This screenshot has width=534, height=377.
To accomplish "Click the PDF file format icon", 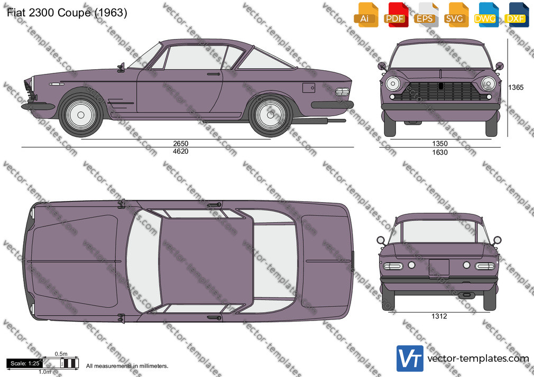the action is click(395, 14).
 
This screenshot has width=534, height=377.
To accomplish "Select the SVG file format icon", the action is click(455, 14).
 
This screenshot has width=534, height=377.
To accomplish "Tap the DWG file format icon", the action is click(485, 14).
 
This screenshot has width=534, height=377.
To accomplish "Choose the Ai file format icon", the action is click(365, 14).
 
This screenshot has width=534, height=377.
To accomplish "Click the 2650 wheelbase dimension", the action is click(180, 143).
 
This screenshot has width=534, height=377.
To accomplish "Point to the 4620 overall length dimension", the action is click(180, 152).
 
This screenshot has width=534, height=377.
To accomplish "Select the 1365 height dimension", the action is click(515, 88).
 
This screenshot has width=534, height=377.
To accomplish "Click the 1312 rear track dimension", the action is click(439, 316).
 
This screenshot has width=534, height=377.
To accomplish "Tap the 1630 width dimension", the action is click(440, 153).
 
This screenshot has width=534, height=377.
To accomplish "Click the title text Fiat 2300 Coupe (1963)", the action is click(67, 13).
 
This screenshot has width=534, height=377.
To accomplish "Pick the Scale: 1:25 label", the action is click(25, 363).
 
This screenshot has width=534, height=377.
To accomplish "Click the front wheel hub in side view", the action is click(81, 115).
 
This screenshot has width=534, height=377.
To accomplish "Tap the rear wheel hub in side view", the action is click(270, 115).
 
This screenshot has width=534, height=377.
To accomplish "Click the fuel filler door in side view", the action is click(309, 88).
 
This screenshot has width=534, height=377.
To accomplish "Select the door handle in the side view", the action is click(214, 74).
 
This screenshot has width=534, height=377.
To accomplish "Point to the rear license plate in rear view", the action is click(439, 268).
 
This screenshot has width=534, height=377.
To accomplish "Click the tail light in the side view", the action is click(342, 91).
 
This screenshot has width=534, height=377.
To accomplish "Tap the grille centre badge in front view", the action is click(441, 86).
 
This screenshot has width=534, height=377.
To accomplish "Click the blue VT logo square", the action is click(410, 359).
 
